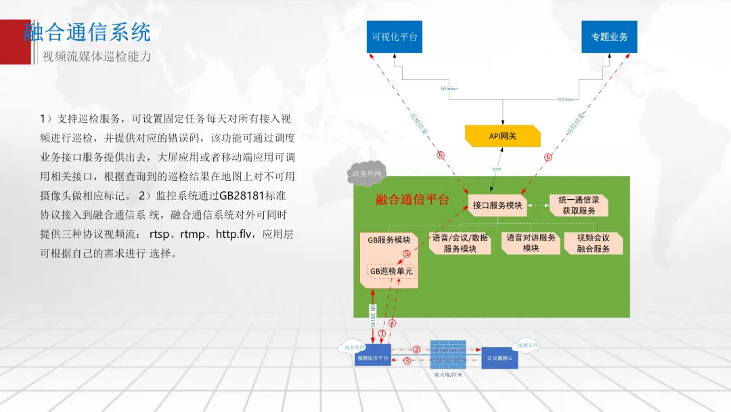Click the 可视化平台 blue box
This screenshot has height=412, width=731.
[395, 37]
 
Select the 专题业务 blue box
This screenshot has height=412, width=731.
[609, 37]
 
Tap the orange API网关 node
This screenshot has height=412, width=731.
[503, 136]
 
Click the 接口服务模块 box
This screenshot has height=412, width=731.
[497, 205]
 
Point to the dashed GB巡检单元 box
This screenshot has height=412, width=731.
[391, 271]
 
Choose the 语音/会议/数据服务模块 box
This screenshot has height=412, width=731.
[460, 243]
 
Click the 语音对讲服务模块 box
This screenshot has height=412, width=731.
[531, 243]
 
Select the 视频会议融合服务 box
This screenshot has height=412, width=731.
[593, 243]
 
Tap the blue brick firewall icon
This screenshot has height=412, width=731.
[449, 354]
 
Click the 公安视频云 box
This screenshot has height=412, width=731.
[500, 357]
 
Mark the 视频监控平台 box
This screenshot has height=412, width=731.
[372, 357]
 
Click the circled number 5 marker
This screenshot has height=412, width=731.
[407, 254]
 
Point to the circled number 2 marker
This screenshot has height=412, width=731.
[417, 350]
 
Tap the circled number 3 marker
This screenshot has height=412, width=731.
[407, 361]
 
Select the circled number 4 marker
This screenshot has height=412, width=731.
[392, 324]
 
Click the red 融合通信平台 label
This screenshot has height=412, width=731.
[412, 199]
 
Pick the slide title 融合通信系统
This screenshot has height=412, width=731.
[87, 32]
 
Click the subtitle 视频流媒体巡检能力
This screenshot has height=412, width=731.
[97, 56]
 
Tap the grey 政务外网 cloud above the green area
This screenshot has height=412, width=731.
[365, 173]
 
